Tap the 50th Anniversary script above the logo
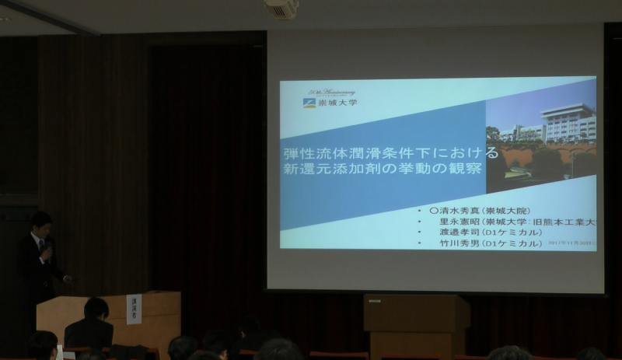click(x=331, y=93)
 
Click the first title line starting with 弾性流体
click(x=380, y=152)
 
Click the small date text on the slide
click(x=575, y=243)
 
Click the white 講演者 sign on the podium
click(x=134, y=309)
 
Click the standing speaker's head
click(x=40, y=223)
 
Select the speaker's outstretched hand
click(x=68, y=278)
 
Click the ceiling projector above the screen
click(x=281, y=9)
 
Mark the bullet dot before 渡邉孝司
click(x=420, y=232)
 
